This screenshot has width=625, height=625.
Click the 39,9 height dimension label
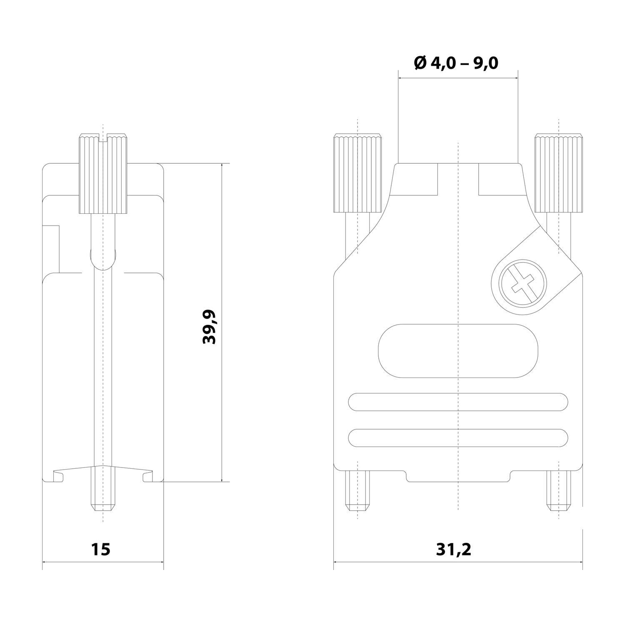(209, 327)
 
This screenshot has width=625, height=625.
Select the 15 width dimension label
(101, 549)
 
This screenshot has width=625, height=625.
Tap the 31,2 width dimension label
(454, 549)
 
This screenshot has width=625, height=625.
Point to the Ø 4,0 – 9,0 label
(456, 63)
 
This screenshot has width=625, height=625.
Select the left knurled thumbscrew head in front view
(357, 173)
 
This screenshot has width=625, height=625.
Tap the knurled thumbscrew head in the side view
(103, 173)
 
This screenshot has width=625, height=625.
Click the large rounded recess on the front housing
(457, 351)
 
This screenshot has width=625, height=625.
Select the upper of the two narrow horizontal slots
(457, 402)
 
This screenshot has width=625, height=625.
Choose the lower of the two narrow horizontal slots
(457, 438)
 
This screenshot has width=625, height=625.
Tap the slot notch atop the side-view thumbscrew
(103, 137)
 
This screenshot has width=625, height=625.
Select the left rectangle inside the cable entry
(417, 179)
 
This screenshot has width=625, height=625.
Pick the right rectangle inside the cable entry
(498, 179)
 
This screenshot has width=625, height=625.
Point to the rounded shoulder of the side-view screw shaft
(103, 258)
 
